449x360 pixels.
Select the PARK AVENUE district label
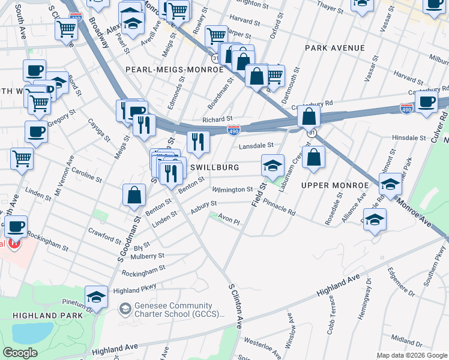click(334, 47)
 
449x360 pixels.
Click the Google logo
click(20, 353)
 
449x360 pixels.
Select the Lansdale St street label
click(256, 145)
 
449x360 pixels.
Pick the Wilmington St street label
click(232, 190)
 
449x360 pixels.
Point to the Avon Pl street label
click(229, 221)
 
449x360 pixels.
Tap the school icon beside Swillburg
click(273, 165)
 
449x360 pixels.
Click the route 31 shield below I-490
click(310, 133)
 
